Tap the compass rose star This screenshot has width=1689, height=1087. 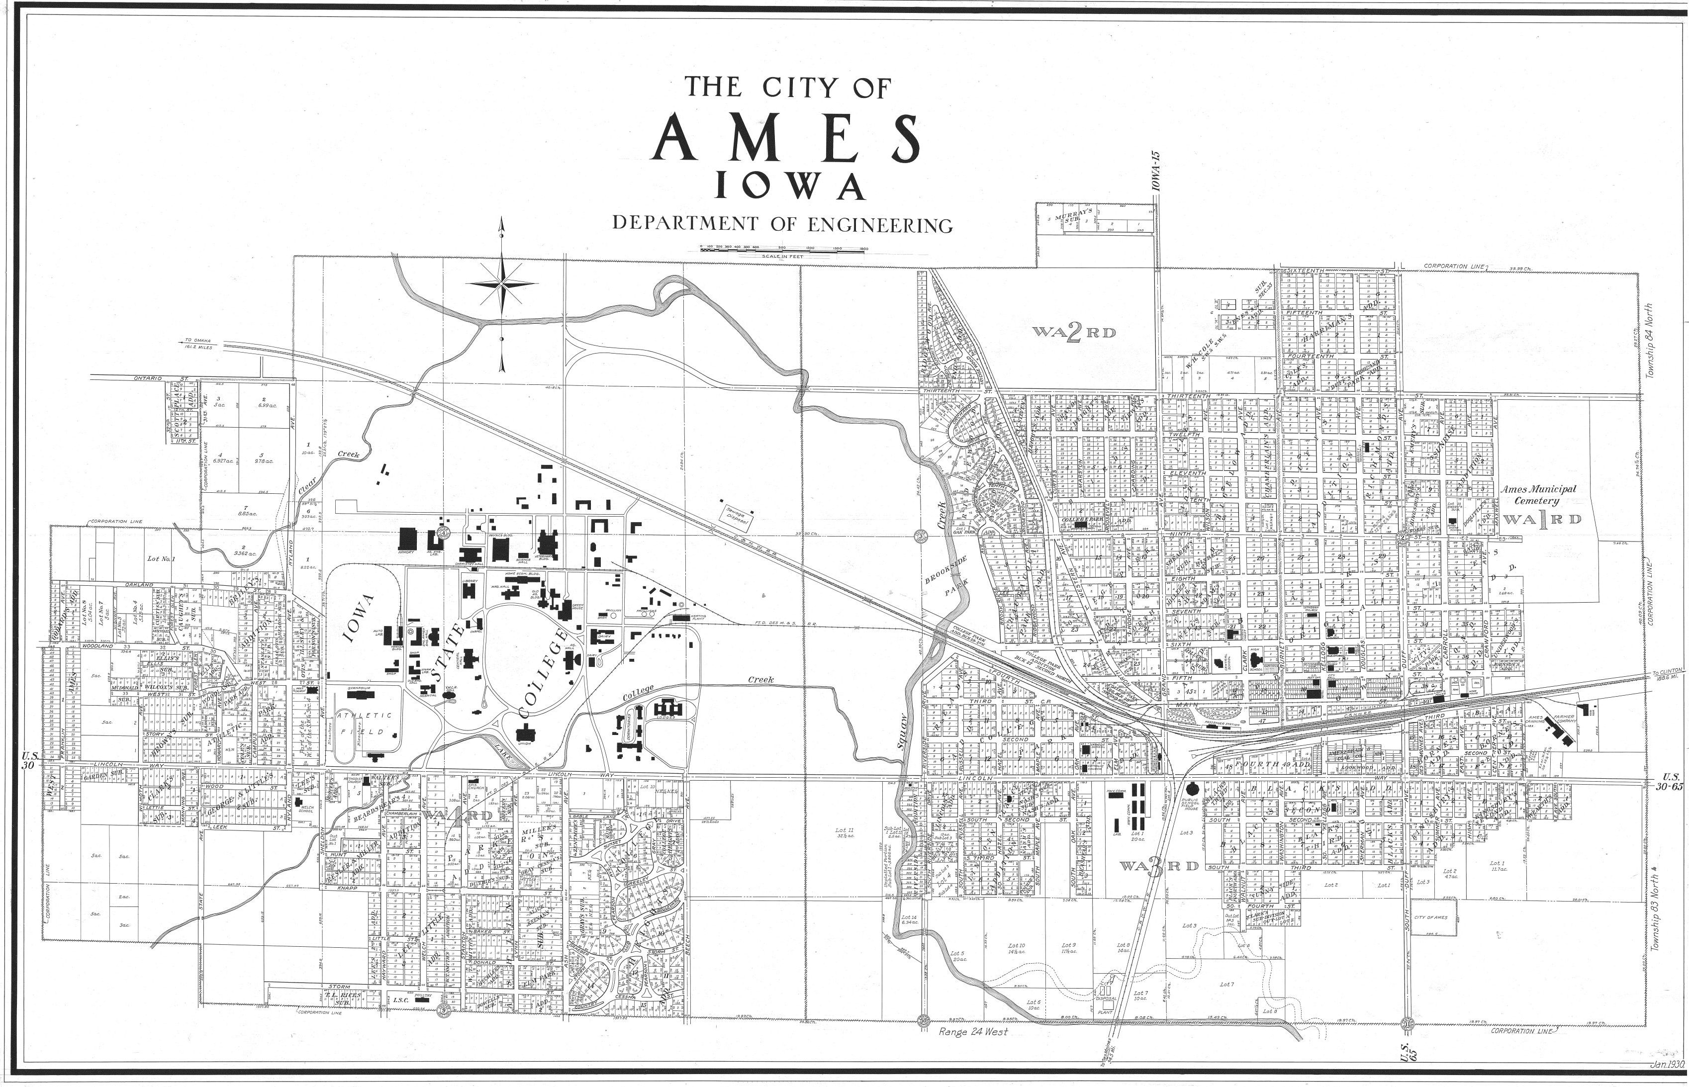pyautogui.click(x=501, y=284)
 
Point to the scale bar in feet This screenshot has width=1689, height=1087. pyautogui.click(x=783, y=249)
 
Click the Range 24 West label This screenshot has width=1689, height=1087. pyautogui.click(x=973, y=1032)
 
